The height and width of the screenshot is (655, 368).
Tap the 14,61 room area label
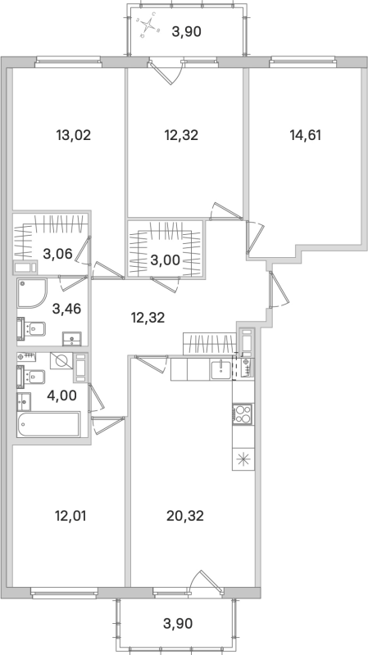point(304,135)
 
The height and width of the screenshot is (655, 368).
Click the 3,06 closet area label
point(57,253)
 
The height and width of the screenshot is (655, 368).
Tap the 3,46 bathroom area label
point(66,309)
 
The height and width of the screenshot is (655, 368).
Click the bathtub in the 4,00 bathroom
point(48,424)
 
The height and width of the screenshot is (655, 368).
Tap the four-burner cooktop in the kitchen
point(243,414)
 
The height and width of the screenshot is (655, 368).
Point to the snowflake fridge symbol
point(243,459)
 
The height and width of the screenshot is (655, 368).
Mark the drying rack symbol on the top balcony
point(148,29)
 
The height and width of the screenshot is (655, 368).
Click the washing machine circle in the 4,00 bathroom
point(60,361)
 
